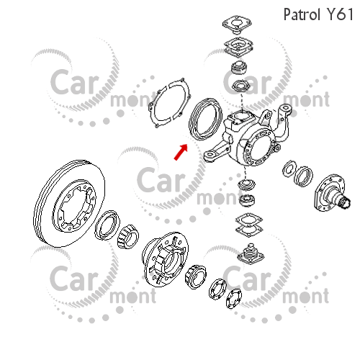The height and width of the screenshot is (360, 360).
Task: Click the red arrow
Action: coord(181,152)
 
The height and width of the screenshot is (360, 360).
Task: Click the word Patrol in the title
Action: coord(302,14)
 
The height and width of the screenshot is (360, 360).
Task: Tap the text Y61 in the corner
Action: coord(341,14)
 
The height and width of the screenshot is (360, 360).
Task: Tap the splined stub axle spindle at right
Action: coord(333,193)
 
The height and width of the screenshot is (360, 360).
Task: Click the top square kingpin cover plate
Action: coord(237,24)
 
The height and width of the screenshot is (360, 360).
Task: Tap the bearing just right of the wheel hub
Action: coord(196,276)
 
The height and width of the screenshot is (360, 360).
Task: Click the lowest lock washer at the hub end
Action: coord(234,299)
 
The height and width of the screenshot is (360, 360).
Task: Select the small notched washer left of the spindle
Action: coord(289,169)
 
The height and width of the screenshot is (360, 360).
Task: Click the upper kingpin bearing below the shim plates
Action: coord(239,67)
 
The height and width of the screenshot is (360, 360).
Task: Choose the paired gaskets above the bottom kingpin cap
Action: coord(249,225)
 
